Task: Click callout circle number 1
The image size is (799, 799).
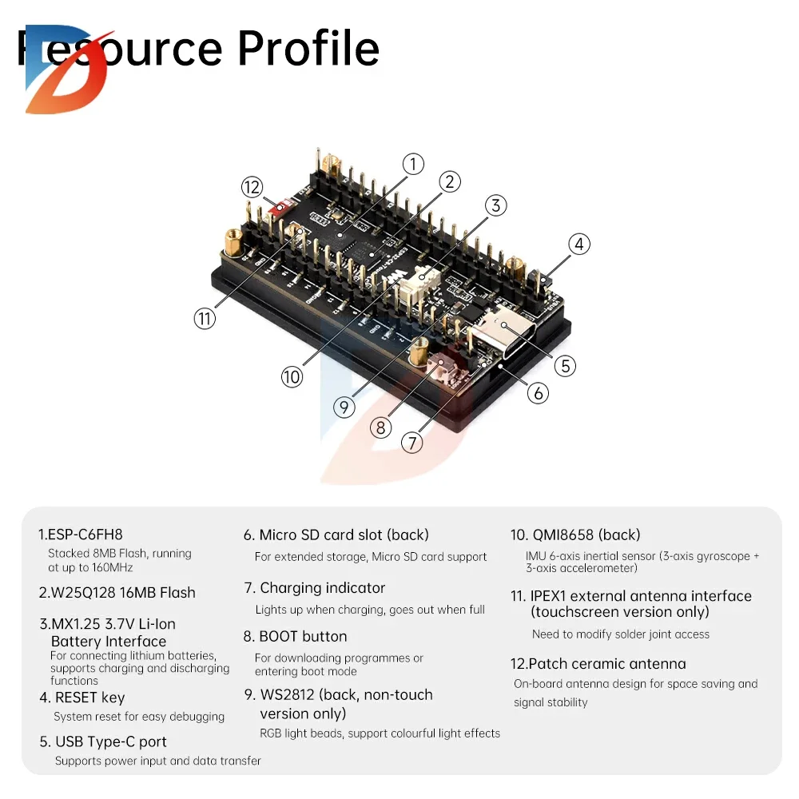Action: (x=412, y=165)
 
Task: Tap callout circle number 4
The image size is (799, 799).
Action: (x=579, y=244)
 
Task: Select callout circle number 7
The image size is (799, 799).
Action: (x=411, y=442)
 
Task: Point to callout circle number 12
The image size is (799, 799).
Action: (x=252, y=187)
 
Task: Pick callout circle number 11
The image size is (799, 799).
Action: (x=205, y=318)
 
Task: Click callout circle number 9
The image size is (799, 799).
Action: (x=344, y=407)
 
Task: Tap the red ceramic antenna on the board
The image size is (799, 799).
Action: (x=280, y=208)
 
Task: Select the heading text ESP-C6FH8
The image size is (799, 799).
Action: (x=81, y=535)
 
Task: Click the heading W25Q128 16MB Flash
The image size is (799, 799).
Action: (x=117, y=593)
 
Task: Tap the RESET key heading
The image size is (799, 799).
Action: (x=82, y=698)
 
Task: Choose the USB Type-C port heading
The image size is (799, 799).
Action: (x=103, y=741)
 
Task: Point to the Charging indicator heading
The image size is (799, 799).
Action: (x=315, y=588)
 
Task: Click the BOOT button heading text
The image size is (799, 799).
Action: (x=296, y=637)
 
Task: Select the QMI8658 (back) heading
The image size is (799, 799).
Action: (x=575, y=535)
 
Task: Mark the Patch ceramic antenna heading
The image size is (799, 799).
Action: (x=598, y=664)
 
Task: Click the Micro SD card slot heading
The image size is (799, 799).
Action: (x=336, y=535)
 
